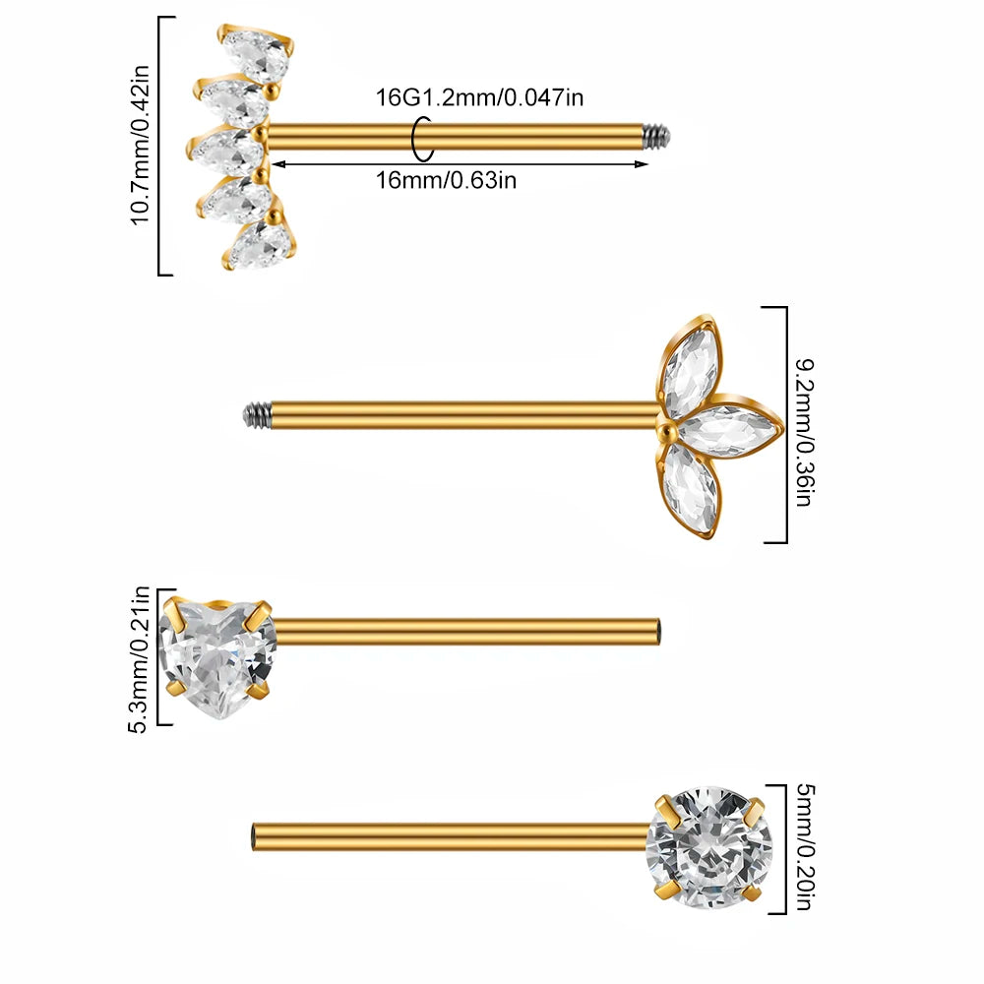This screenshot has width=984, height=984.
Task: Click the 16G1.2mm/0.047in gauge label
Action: (479, 97)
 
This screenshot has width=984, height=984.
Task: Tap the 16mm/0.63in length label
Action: (446, 181)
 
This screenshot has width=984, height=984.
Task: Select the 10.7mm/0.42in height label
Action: (140, 145)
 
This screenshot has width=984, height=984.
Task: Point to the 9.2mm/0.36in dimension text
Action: (804, 432)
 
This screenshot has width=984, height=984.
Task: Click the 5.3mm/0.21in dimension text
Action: (138, 659)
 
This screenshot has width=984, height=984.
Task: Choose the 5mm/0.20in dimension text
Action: (805, 846)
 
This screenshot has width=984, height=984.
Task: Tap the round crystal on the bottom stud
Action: (709, 847)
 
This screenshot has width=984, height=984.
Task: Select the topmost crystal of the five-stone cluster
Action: (257, 54)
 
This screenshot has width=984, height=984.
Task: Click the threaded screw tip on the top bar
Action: (657, 136)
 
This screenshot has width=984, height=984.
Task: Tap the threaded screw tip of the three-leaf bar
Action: (257, 414)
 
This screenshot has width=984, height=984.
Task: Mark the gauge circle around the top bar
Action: (422, 138)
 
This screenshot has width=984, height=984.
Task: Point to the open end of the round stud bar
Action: (254, 837)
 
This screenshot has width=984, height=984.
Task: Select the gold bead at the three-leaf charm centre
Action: (666, 429)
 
